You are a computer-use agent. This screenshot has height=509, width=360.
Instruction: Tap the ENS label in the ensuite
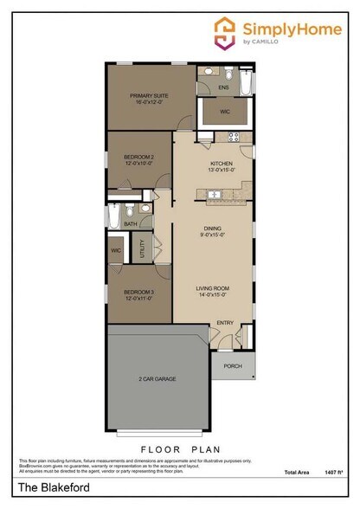[x=223, y=88]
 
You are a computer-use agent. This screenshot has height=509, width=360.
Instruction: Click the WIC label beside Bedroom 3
[x=115, y=251]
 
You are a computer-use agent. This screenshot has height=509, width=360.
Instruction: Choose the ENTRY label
[x=225, y=323]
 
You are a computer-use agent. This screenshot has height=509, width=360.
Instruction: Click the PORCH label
[x=233, y=366]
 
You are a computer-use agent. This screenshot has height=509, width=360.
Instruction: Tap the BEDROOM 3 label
[x=138, y=293]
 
